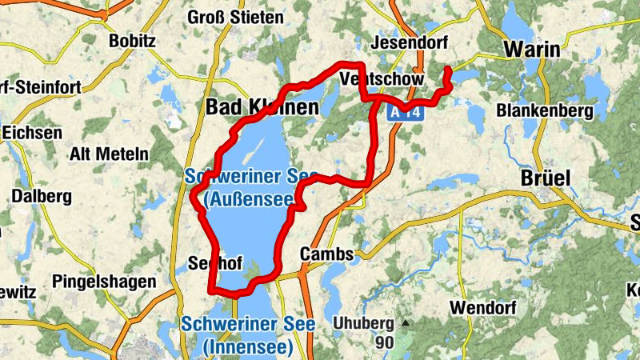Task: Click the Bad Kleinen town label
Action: tap(262, 106)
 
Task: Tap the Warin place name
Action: tap(531, 50)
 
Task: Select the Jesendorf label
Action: tap(410, 42)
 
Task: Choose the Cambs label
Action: tap(326, 254)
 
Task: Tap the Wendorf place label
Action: tap(482, 307)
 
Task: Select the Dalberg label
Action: tap(42, 196)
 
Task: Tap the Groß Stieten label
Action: tap(235, 17)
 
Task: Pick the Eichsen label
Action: tap(30, 133)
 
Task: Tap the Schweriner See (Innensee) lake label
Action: tap(248, 336)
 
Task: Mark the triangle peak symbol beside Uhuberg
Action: tap(406, 324)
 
